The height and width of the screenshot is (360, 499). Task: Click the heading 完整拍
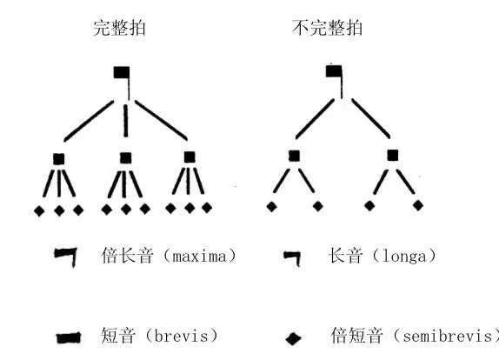(119, 28)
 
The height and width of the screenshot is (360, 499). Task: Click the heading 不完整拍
(327, 28)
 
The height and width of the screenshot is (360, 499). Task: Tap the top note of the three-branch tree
(122, 73)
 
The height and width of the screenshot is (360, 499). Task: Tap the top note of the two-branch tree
(334, 71)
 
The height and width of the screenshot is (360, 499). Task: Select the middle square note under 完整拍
(126, 158)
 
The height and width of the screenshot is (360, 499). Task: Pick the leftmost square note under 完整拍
(58, 159)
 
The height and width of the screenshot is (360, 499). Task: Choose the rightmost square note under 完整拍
(190, 157)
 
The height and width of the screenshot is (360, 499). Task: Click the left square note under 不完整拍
(294, 156)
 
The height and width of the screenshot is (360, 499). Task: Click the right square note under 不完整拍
(393, 156)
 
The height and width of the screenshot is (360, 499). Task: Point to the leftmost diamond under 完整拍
(39, 211)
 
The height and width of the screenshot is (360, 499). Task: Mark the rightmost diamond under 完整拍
(207, 208)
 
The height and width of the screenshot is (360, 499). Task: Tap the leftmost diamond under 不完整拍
(271, 207)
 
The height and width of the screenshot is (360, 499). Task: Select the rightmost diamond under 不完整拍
(418, 205)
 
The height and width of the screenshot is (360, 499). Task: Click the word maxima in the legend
(200, 257)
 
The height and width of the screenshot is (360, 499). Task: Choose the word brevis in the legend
(181, 337)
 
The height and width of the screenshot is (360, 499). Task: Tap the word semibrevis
(448, 337)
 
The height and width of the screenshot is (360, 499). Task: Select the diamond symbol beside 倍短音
(293, 338)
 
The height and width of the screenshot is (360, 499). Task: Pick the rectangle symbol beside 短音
(69, 338)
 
